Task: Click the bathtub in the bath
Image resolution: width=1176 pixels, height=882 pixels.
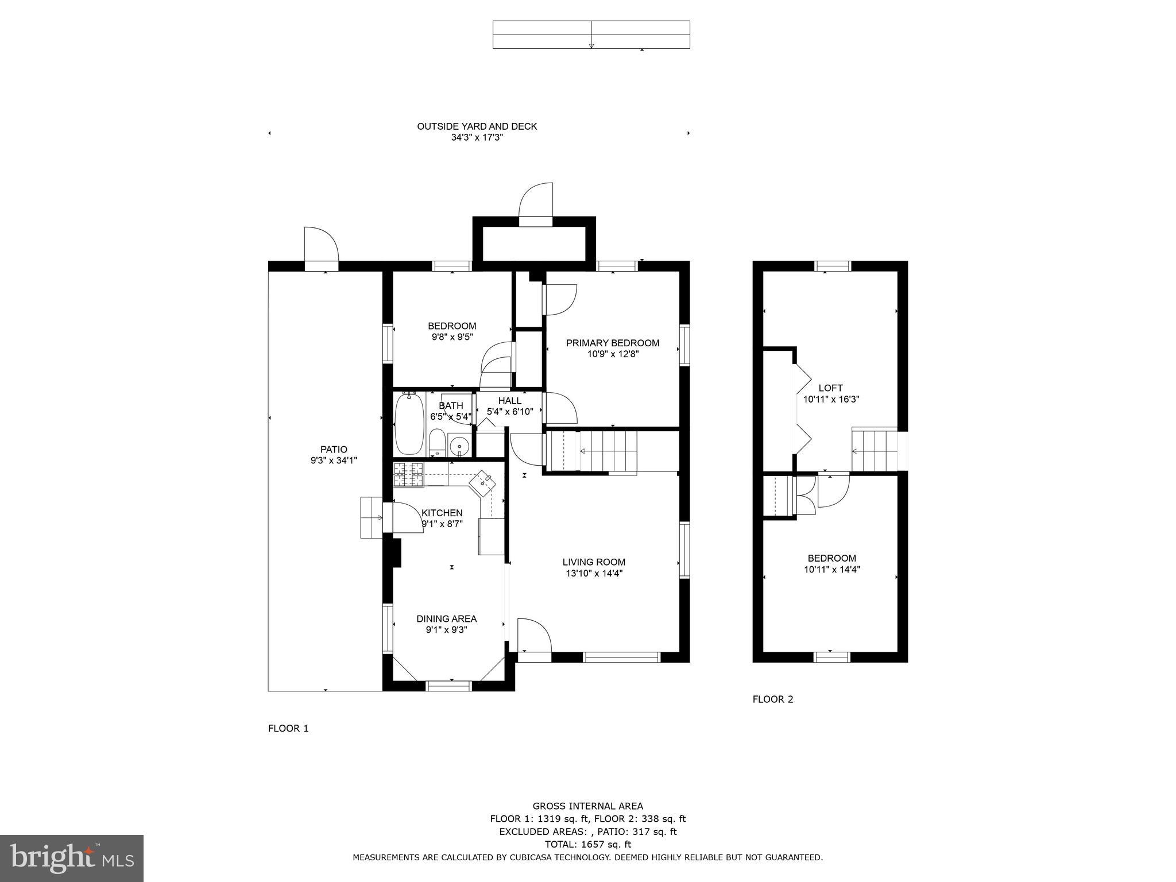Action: (x=409, y=424)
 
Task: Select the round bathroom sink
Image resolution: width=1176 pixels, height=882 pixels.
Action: (x=459, y=446)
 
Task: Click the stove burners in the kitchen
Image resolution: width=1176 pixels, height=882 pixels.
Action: (x=408, y=474)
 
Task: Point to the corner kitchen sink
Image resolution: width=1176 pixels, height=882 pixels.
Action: (x=482, y=484)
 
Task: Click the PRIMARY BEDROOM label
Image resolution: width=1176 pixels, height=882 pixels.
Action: (x=613, y=343)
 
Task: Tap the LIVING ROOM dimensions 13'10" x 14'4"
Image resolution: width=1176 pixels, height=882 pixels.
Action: (x=594, y=573)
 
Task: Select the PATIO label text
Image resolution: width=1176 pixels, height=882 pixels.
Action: (x=334, y=450)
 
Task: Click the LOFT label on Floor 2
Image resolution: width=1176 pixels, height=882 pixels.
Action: (x=830, y=388)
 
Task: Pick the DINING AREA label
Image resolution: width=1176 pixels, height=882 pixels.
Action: (x=446, y=618)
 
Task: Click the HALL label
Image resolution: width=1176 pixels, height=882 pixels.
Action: (x=510, y=401)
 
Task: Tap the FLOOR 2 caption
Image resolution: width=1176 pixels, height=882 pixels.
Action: (x=772, y=699)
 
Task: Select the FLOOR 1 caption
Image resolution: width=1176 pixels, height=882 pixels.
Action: (x=288, y=728)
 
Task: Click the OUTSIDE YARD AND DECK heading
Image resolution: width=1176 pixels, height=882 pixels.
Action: (x=477, y=126)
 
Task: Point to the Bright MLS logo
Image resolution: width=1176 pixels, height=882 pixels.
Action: (x=72, y=858)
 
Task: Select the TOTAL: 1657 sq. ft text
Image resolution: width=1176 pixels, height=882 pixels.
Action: (x=587, y=844)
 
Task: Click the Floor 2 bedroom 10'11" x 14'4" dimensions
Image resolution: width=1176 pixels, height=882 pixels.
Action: (x=831, y=570)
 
